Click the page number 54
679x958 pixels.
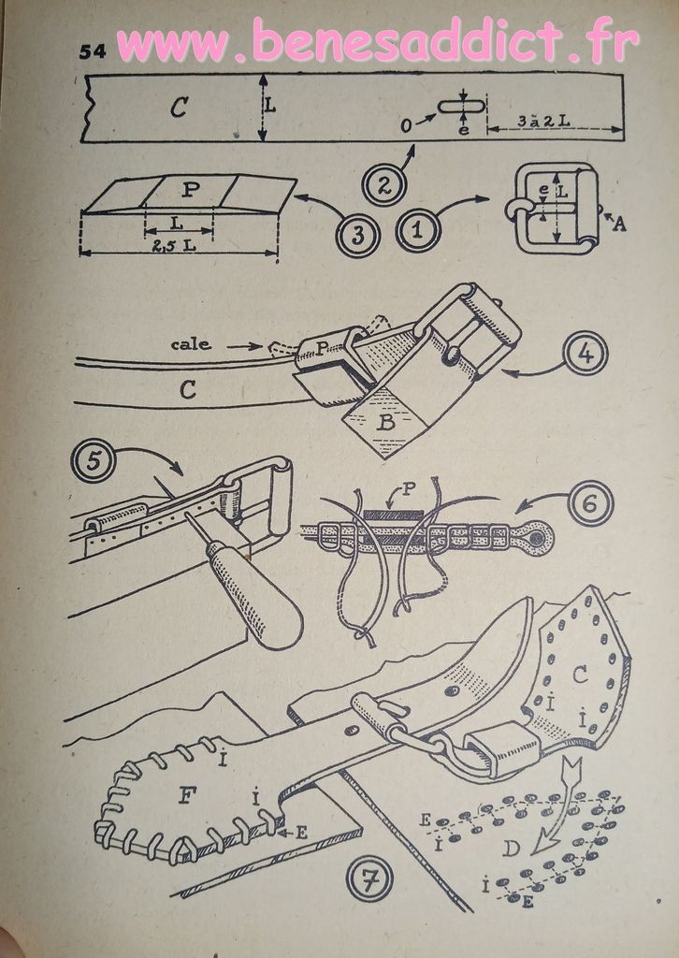(x=93, y=52)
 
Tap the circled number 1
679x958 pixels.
(x=418, y=230)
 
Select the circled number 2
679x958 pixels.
(x=383, y=185)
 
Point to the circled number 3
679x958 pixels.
(x=358, y=235)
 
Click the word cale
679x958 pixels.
(x=191, y=344)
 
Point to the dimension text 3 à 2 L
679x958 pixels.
(x=543, y=121)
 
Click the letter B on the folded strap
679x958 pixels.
(x=385, y=422)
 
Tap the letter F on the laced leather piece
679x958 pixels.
(x=185, y=797)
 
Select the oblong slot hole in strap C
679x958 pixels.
(x=461, y=107)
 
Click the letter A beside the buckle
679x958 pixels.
(x=619, y=225)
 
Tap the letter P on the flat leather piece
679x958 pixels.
(x=191, y=191)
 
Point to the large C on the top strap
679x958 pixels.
(x=179, y=109)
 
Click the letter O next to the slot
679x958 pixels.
(x=406, y=126)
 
